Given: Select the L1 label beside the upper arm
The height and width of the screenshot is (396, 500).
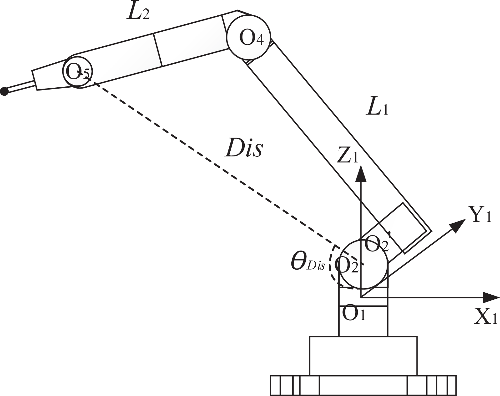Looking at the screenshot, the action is coord(377,109).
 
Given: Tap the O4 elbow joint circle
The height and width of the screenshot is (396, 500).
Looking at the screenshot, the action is coord(248,38).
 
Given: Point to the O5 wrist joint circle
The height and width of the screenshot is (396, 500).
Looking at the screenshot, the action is coord(78,72).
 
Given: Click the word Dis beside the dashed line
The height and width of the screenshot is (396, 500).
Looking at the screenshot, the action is coord(244,148).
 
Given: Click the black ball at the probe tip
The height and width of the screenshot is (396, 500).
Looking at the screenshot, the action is coord(4,91).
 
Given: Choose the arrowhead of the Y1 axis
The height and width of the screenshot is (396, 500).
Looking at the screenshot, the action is coord(458,226).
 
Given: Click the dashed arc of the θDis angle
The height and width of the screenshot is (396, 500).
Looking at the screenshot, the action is coord(330,267).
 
